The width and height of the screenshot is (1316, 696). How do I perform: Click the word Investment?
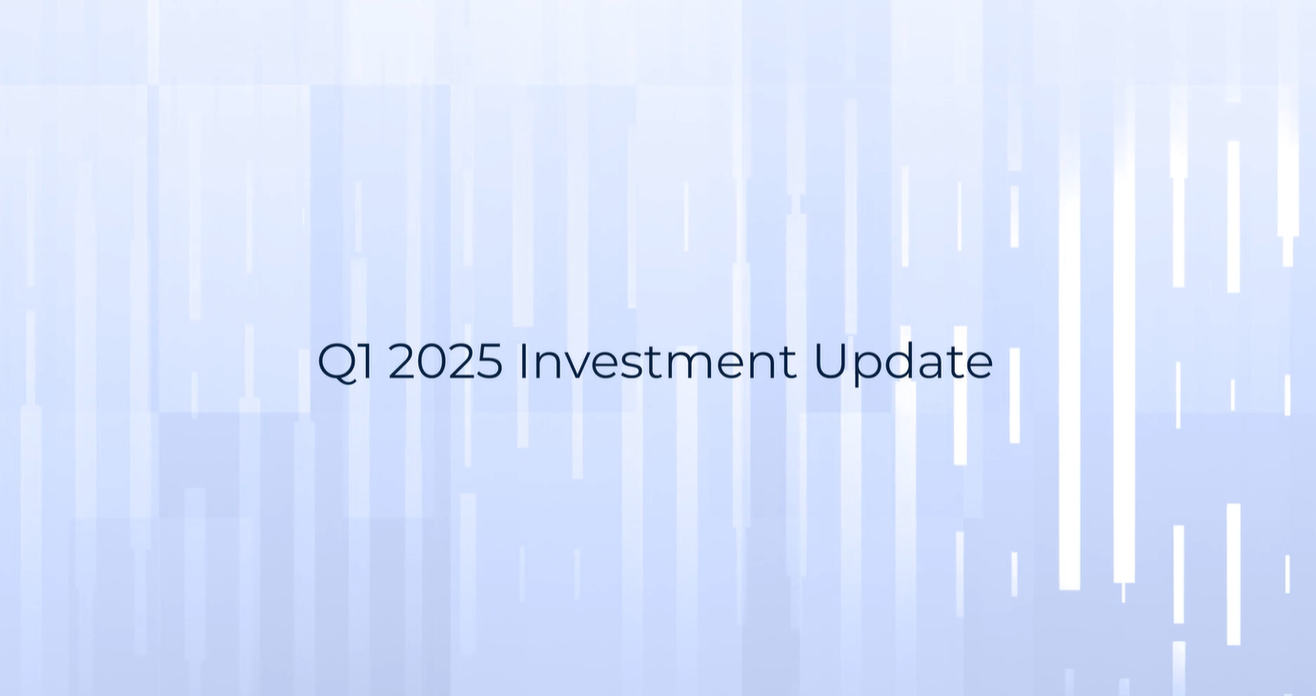click(658, 361)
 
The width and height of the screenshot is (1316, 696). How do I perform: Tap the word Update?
click(903, 364)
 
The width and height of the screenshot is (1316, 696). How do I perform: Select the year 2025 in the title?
click(445, 361)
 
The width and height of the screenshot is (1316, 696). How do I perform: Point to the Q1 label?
click(345, 363)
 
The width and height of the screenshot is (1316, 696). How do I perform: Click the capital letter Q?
click(337, 363)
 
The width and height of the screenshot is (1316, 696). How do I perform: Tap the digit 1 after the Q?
click(366, 361)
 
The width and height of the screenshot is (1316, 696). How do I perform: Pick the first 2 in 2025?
click(401, 361)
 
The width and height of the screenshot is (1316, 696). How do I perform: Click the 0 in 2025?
click(432, 361)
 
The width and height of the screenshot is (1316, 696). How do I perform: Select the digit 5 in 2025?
click(490, 362)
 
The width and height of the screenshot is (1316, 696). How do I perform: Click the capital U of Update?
click(829, 362)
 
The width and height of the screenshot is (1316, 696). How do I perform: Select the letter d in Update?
click(905, 362)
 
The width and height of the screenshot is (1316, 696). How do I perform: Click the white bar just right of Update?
click(1014, 395)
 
